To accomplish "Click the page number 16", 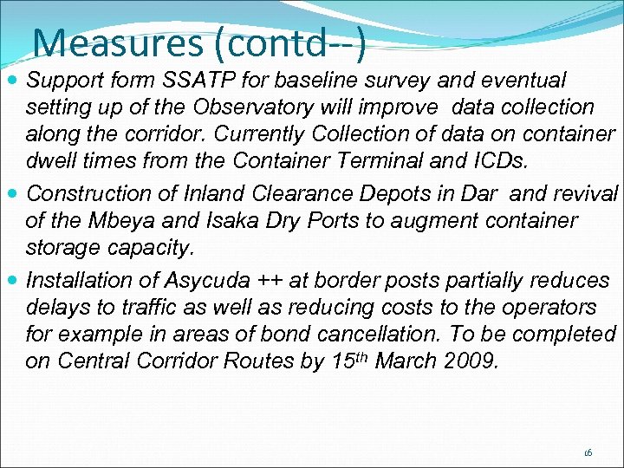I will point(588,452).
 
